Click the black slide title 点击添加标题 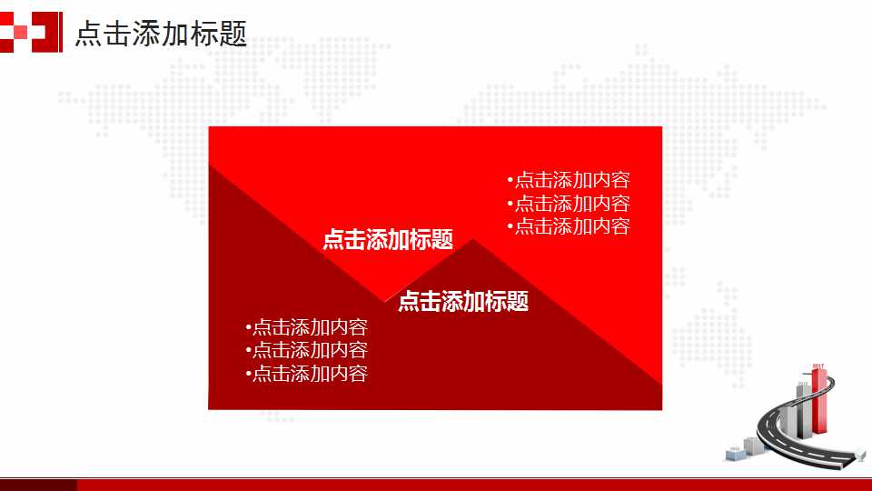point(161,34)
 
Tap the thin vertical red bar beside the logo point(62,32)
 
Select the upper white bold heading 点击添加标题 point(388,240)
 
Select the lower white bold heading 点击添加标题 point(463,301)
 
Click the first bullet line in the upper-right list point(569,180)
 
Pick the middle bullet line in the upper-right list point(569,204)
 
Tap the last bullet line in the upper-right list point(569,226)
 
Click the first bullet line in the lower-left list point(306,327)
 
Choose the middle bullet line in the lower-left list point(306,350)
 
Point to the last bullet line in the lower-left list point(306,373)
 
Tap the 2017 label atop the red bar point(818,366)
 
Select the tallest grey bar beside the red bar point(803,409)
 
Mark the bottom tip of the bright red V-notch point(386,300)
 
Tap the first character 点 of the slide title point(87,34)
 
